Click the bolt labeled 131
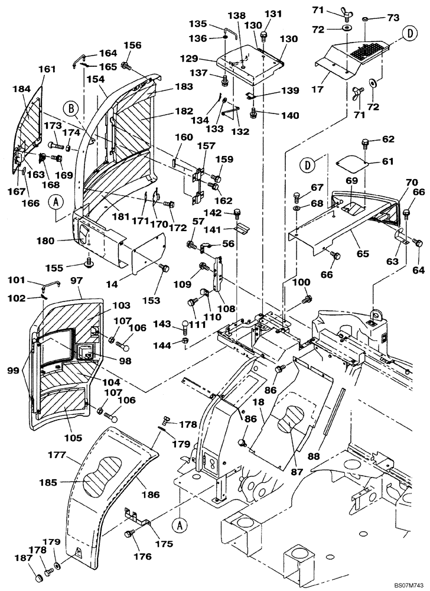(x=264, y=37)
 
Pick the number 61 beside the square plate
(x=387, y=161)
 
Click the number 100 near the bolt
(x=302, y=282)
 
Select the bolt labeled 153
(x=165, y=269)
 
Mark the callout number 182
(x=184, y=111)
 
